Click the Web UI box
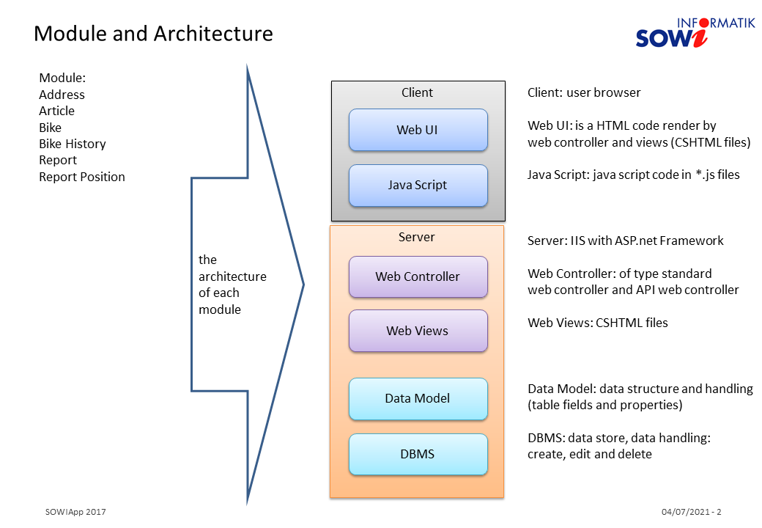click(x=418, y=130)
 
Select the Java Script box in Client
click(x=418, y=185)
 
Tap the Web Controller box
click(x=418, y=276)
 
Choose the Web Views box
click(x=418, y=331)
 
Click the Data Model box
click(x=418, y=398)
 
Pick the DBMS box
click(x=418, y=454)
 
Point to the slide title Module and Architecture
click(x=153, y=34)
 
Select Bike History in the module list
click(x=72, y=144)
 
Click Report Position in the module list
click(x=81, y=177)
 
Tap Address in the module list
click(x=62, y=95)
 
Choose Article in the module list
click(x=56, y=111)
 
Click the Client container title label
click(x=417, y=92)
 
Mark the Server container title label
click(x=416, y=237)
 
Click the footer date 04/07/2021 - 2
click(x=691, y=512)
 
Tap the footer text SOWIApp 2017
click(x=75, y=512)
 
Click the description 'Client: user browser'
click(x=584, y=92)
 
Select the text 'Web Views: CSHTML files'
click(x=597, y=323)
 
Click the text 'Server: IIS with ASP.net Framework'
click(x=625, y=241)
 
